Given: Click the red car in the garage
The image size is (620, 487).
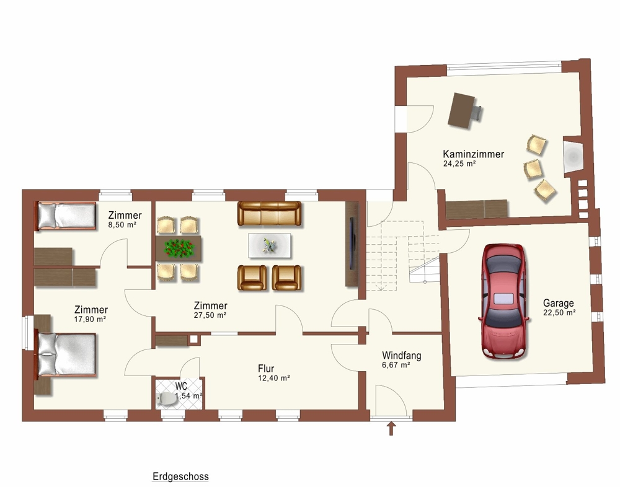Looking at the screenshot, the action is pyautogui.click(x=503, y=301).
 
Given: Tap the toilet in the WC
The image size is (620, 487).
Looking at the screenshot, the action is pyautogui.click(x=167, y=399).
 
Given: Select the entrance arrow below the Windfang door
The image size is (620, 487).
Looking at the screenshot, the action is pyautogui.click(x=391, y=429).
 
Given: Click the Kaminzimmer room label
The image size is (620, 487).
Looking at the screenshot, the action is pyautogui.click(x=473, y=154).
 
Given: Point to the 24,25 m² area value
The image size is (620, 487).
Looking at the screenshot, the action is pyautogui.click(x=459, y=164).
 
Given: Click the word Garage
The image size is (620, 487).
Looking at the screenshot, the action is pyautogui.click(x=559, y=303).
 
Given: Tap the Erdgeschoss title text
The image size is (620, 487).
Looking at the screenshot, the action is pyautogui.click(x=180, y=476).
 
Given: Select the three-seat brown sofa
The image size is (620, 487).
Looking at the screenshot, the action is pyautogui.click(x=269, y=213).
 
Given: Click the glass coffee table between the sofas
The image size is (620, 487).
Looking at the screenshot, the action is pyautogui.click(x=270, y=245).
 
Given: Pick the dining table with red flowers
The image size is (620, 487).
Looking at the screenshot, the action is pyautogui.click(x=179, y=248).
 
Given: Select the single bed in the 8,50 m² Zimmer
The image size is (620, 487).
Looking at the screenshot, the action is pyautogui.click(x=66, y=216).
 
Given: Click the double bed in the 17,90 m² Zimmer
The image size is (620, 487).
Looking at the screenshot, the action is pyautogui.click(x=66, y=354).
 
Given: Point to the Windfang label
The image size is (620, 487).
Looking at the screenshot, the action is pyautogui.click(x=401, y=356).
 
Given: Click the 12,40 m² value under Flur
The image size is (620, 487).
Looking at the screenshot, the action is pyautogui.click(x=274, y=379).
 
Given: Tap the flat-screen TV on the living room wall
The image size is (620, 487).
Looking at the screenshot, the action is pyautogui.click(x=352, y=243).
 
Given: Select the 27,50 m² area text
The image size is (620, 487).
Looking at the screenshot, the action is pyautogui.click(x=210, y=315).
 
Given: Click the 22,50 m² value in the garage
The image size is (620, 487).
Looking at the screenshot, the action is pyautogui.click(x=559, y=313).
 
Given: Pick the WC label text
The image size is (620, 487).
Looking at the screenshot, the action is pyautogui.click(x=182, y=386).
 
